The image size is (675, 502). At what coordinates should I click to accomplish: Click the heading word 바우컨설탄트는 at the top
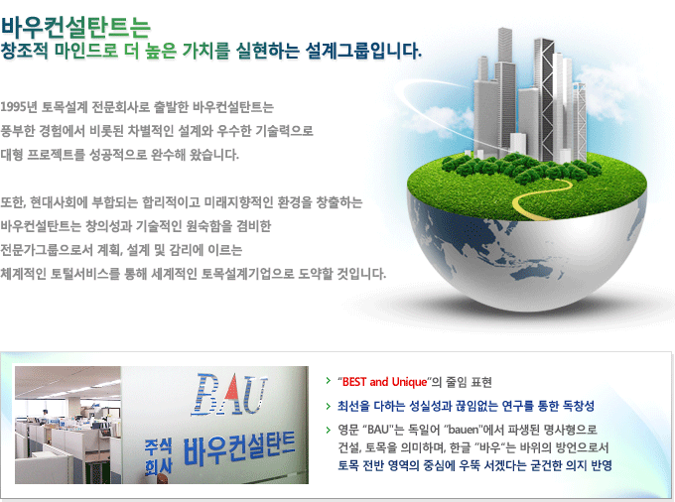coord(75,27)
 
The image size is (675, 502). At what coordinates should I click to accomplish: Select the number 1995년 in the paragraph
coord(19,107)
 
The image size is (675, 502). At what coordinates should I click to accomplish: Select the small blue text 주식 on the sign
coord(158,447)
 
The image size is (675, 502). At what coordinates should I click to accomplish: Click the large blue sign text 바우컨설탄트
coord(239,449)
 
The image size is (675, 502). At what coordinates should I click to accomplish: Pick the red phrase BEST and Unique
coord(384,382)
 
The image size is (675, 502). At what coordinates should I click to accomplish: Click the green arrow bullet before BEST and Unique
coord(329,381)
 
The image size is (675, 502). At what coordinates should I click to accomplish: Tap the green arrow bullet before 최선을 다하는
coord(329,405)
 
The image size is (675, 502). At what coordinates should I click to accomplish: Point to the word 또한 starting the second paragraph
coord(13,202)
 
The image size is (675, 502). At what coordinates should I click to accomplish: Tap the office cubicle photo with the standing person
coord(68,425)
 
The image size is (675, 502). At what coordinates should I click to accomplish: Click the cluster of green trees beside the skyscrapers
coord(516,168)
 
